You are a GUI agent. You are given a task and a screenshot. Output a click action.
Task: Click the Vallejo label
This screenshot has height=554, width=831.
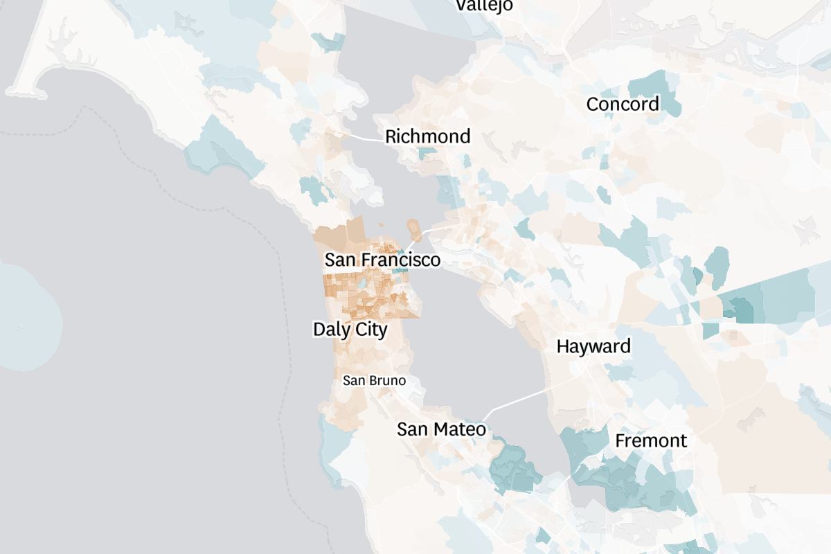485,5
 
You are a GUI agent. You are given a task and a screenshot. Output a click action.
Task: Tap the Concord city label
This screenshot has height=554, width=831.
623,105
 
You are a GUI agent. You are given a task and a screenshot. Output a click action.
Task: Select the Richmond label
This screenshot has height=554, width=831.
427,136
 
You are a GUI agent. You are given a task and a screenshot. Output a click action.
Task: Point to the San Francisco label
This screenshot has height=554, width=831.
382,260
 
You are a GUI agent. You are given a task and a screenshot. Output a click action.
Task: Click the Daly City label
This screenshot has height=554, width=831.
350,329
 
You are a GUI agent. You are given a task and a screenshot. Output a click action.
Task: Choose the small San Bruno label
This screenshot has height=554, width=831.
374,380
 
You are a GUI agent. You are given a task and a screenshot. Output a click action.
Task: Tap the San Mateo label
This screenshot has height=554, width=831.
441,429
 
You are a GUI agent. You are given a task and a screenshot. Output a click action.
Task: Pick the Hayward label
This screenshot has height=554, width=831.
593,346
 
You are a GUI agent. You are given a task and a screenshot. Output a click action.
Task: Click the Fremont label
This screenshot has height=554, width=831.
651,440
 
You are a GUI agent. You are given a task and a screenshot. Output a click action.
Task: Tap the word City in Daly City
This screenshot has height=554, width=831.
370,329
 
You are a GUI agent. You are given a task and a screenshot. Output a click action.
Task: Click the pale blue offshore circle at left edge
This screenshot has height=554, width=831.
28,315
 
